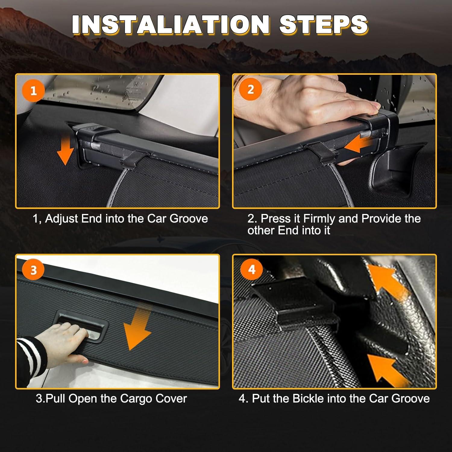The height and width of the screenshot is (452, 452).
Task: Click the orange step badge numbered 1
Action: (33, 90)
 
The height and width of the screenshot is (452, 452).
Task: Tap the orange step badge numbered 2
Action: (250, 89)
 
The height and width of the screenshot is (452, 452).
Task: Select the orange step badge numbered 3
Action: (33, 270)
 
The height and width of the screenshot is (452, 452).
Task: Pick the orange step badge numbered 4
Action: (252, 269)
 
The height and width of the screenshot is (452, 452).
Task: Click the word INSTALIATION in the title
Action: (171, 24)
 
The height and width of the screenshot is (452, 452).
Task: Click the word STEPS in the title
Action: (323, 24)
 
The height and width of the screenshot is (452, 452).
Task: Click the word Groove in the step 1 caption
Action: (189, 218)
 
